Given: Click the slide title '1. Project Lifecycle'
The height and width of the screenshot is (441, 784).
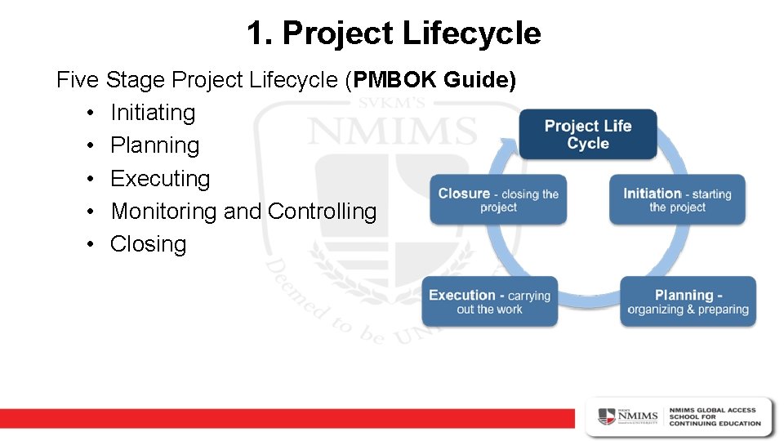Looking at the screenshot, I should [393, 33].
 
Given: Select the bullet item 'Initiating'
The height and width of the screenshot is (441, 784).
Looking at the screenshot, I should [153, 113].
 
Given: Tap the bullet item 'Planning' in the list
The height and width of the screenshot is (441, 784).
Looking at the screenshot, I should [154, 145].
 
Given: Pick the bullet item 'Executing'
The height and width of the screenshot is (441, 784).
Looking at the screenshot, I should [160, 178].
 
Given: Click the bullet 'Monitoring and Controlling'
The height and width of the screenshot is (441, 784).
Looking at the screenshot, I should [243, 212].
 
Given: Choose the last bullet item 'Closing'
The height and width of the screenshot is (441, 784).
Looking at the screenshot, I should [148, 244].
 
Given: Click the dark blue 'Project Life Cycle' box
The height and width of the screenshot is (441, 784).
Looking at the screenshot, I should [588, 134].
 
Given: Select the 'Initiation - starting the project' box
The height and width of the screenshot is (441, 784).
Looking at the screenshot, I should [677, 199].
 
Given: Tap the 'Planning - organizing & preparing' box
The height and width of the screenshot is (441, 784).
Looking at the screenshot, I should [688, 302].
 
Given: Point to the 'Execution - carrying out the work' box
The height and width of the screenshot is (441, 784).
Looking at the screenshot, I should [489, 302].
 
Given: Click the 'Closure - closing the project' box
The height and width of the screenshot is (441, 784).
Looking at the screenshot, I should [498, 199].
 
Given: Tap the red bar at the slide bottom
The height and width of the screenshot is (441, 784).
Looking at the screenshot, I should [286, 417].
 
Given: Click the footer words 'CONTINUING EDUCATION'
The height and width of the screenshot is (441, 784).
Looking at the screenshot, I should [715, 424].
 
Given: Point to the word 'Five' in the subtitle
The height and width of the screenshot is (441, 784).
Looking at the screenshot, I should [78, 80].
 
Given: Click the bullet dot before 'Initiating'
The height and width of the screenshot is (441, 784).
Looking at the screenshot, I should [89, 113].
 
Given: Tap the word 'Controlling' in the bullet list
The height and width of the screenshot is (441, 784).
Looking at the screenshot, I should [322, 212].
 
